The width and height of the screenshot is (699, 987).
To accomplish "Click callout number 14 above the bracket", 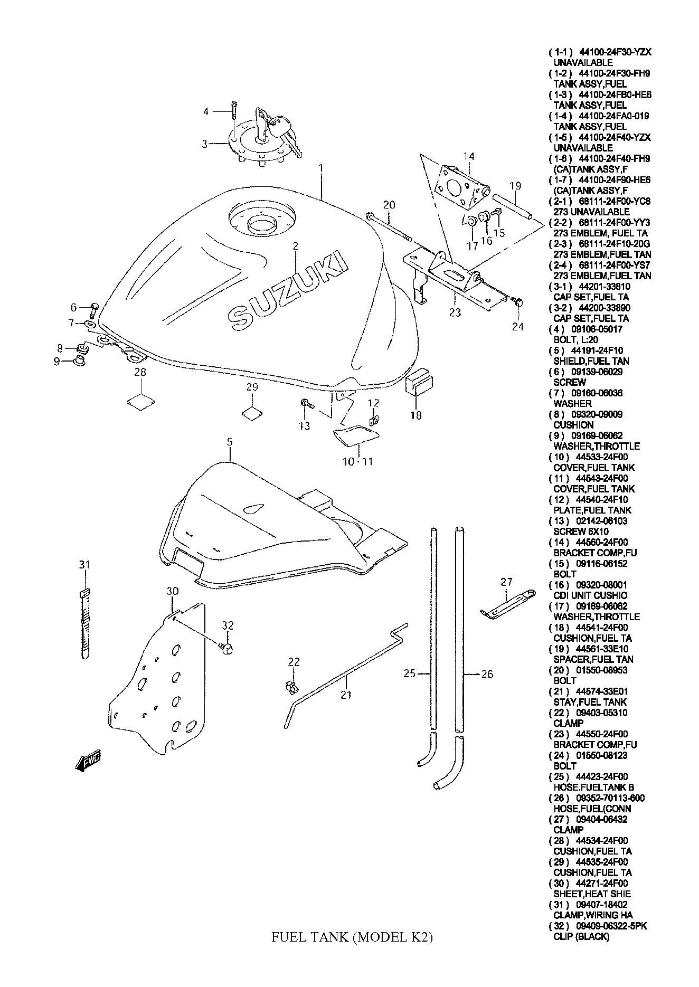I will [x=469, y=156].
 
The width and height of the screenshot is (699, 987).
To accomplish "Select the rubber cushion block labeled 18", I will [x=420, y=382].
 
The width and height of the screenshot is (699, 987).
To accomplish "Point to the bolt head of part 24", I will [x=518, y=302].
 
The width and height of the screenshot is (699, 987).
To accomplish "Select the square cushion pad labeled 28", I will [x=141, y=400].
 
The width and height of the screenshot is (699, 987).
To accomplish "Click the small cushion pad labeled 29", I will [x=252, y=413].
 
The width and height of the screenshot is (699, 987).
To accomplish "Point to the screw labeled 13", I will [x=306, y=404].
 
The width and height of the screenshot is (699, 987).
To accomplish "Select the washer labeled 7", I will [x=90, y=323].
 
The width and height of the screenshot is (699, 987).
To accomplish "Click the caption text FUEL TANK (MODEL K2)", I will [x=352, y=937].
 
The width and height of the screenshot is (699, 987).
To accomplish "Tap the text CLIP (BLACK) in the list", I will [x=581, y=937].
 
